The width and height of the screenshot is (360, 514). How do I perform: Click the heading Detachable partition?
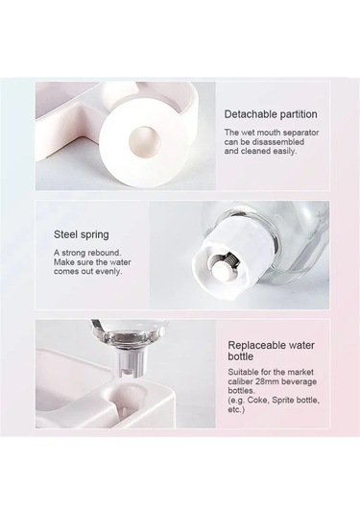271,114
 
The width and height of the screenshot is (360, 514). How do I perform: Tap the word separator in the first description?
300,133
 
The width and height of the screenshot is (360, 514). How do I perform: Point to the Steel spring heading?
82,234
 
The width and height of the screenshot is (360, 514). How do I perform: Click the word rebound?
105,253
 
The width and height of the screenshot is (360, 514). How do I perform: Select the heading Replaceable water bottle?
272,351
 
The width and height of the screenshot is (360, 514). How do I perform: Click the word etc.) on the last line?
236,409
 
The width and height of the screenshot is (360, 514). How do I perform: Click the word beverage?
300,381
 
